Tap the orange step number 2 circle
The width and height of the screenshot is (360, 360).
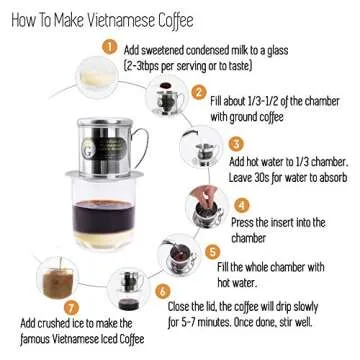click(199, 93)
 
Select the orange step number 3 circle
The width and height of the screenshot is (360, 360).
click(236, 144)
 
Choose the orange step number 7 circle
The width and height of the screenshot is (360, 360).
click(70, 308)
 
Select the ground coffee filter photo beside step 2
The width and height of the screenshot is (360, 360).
click(160, 97)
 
